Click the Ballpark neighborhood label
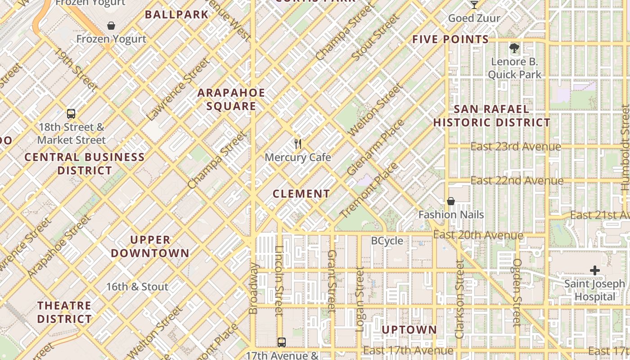177,14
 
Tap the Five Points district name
450,40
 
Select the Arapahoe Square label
231,99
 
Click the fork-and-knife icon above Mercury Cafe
297,144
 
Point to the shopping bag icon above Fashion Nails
450,201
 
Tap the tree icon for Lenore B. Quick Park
514,48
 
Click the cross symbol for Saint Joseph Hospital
595,270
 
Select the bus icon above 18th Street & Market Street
71,114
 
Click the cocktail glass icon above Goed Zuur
474,5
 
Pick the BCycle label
387,241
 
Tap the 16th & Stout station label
137,287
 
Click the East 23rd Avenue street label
516,147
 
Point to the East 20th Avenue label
478,235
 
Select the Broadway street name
254,288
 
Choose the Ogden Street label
517,292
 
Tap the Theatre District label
64,312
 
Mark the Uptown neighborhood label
409,330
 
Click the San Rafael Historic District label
491,116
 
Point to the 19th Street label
75,69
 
